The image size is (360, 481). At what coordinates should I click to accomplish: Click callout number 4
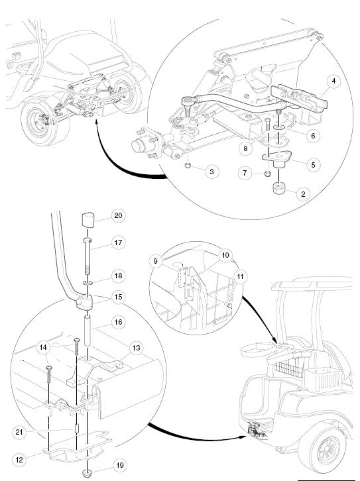(x=333, y=82)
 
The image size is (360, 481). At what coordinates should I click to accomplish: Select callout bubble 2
(x=303, y=194)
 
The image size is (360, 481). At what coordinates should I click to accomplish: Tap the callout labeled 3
(x=211, y=172)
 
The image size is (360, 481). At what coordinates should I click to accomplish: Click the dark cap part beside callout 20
(x=89, y=221)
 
